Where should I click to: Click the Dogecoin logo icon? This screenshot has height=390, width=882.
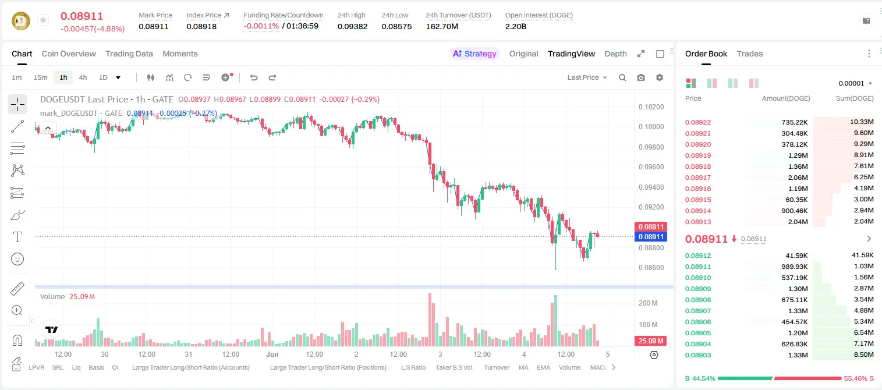pos(21,21)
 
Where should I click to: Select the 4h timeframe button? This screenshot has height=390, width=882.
pos(83,77)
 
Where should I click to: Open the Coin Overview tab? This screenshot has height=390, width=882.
pos(69,54)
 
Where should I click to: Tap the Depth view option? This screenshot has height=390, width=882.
pos(615,54)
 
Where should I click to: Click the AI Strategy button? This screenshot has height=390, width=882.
pos(474,54)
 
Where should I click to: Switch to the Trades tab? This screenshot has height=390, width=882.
pos(750,54)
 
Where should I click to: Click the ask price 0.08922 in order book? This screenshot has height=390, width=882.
pos(697,122)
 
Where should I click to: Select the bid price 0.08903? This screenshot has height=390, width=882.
pos(697,355)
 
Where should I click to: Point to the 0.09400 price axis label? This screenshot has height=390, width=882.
pos(651,187)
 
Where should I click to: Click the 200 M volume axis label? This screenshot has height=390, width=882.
pos(648,303)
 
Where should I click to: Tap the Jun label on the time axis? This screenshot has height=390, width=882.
pos(272,354)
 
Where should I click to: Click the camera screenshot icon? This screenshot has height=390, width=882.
pos(641,77)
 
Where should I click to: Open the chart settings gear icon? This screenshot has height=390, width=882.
pos(660,77)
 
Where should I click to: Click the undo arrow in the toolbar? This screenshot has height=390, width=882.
pos(254,77)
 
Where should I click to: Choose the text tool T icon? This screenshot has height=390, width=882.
pos(17,237)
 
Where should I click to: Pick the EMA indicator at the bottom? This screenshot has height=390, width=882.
pos(543,367)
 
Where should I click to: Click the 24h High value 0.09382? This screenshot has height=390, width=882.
pos(352,26)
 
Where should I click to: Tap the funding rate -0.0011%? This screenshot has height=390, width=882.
pos(261,26)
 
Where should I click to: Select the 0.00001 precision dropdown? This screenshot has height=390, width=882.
pos(855,83)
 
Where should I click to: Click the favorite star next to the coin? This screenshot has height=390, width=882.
pos(43,20)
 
